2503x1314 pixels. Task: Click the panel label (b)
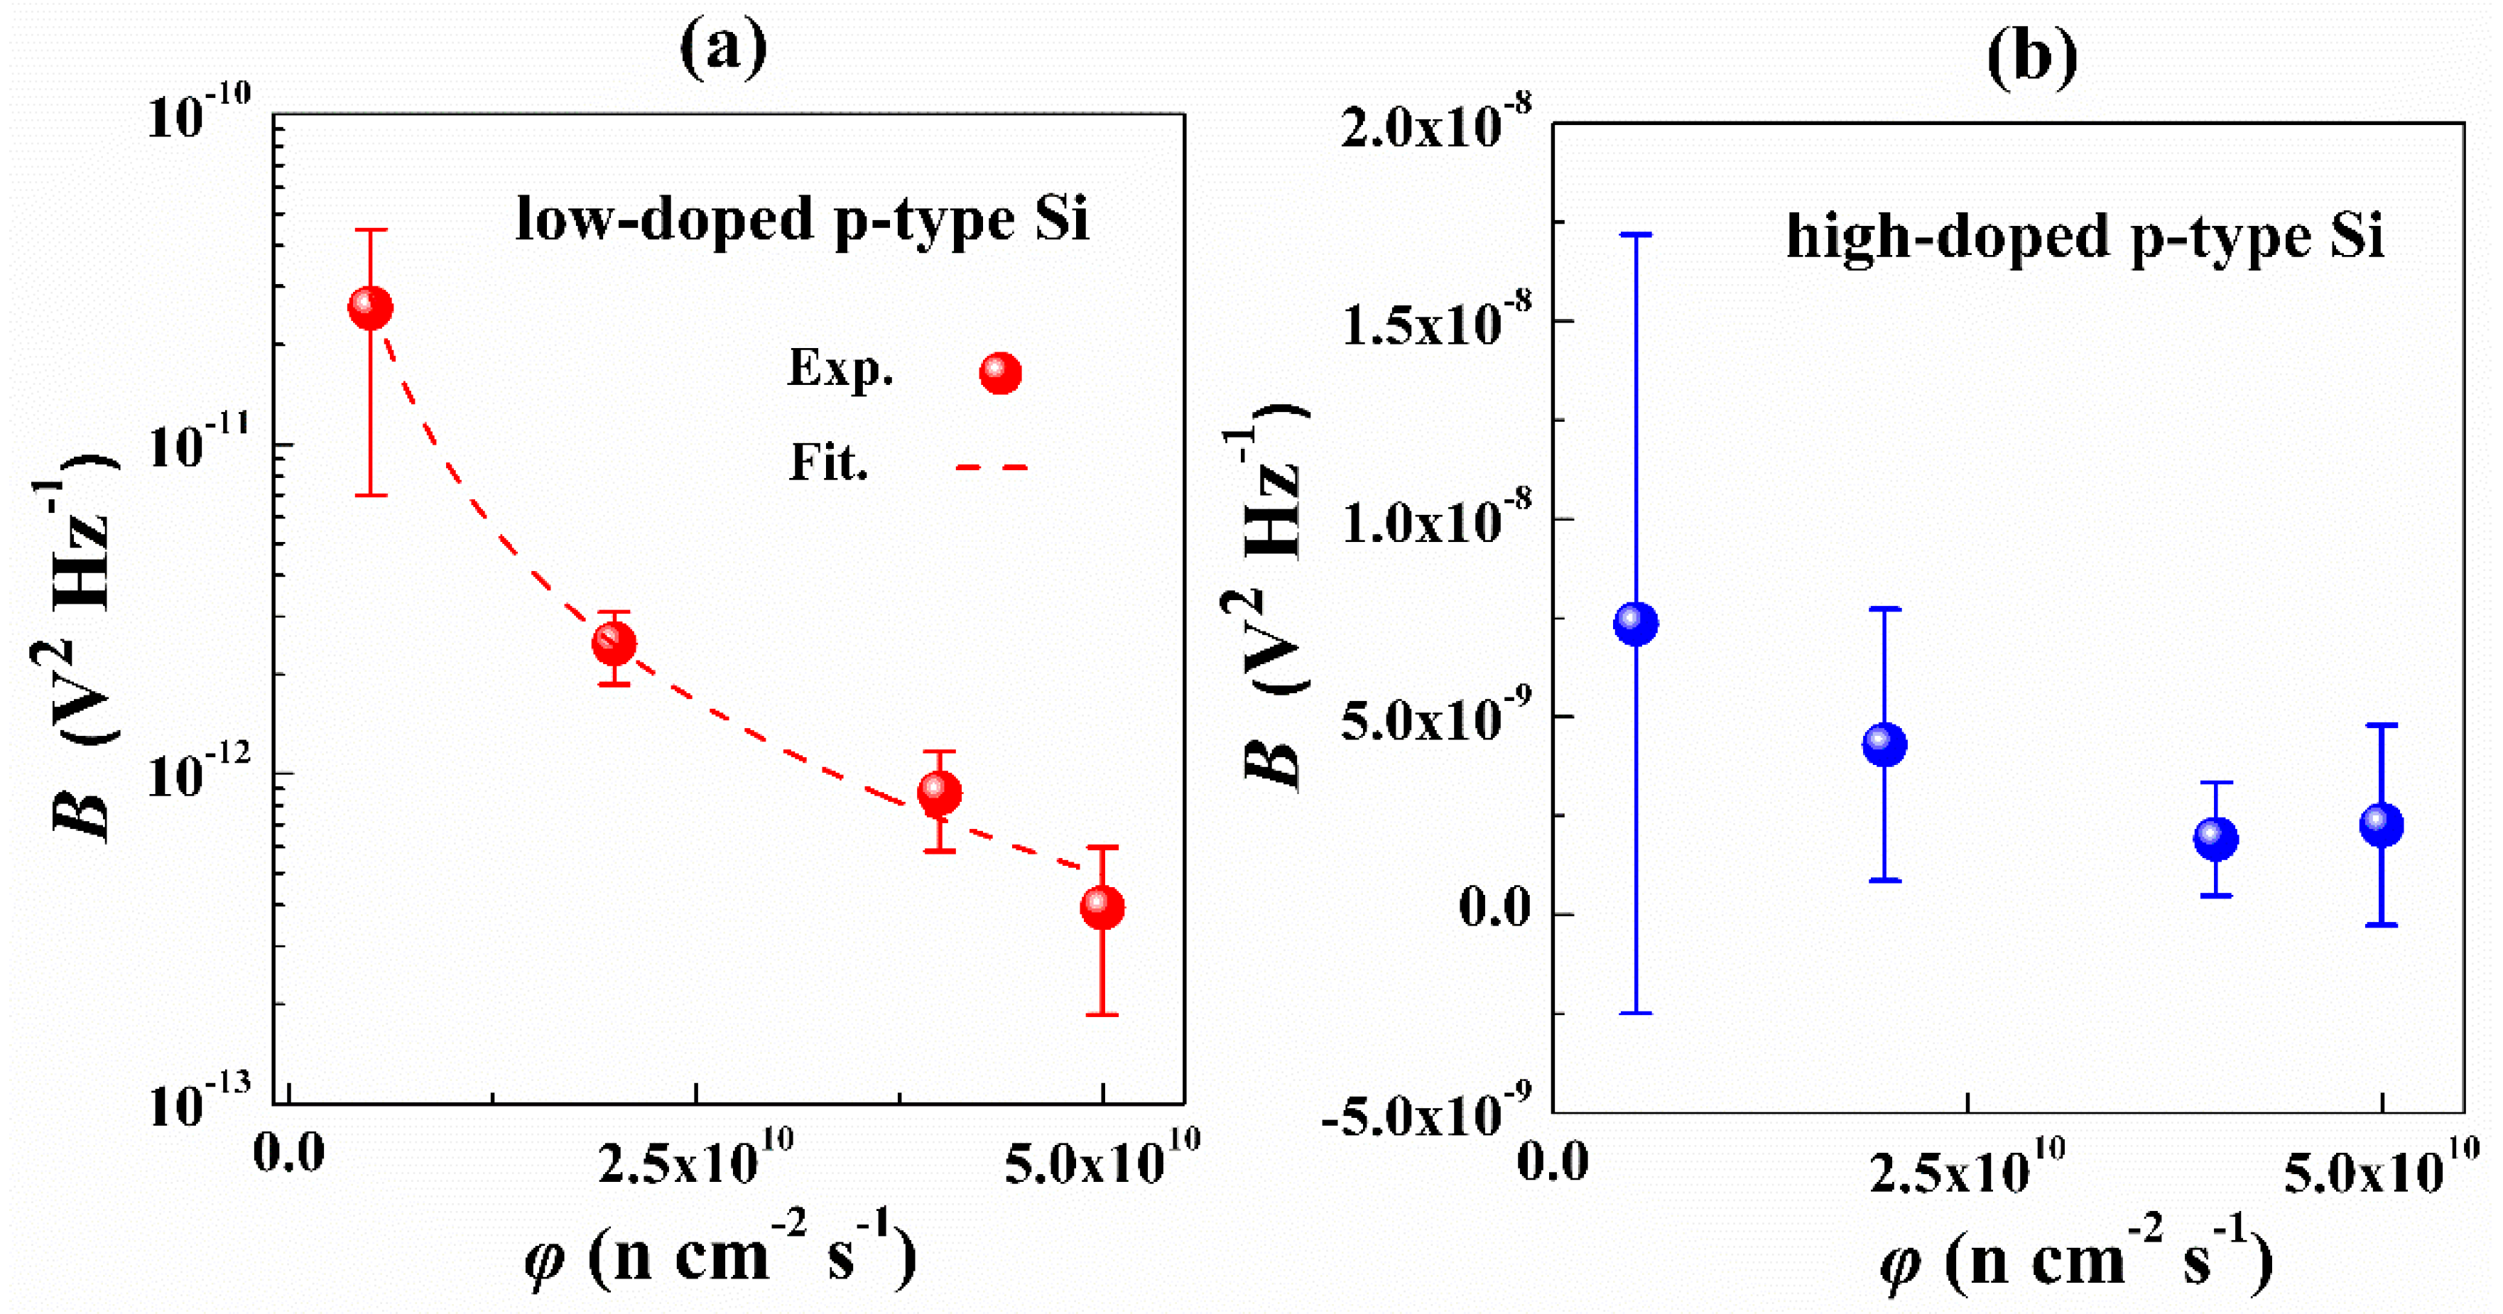(2031, 56)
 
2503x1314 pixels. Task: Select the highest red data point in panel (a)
(370, 308)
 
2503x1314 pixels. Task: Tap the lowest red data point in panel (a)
(1102, 908)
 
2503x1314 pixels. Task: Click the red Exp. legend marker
(1000, 373)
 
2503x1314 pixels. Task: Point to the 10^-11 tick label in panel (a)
(199, 445)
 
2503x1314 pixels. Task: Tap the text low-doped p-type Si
(803, 219)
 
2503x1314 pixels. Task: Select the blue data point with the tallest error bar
(1636, 623)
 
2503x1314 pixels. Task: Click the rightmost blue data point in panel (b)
(2382, 825)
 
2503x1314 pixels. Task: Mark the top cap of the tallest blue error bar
(1636, 235)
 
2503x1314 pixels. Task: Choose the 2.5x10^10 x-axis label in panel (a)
(695, 1159)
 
